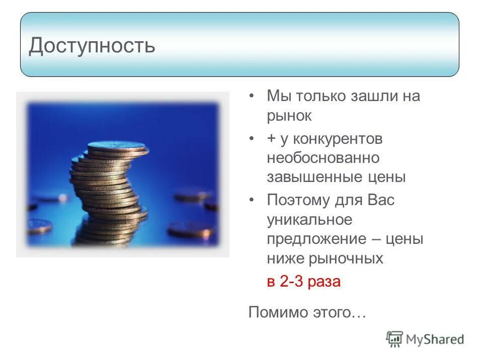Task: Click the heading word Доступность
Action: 92,46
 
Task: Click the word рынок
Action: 289,116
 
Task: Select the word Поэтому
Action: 298,200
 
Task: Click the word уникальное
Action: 309,220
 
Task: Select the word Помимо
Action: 278,312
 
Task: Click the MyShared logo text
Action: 435,339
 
